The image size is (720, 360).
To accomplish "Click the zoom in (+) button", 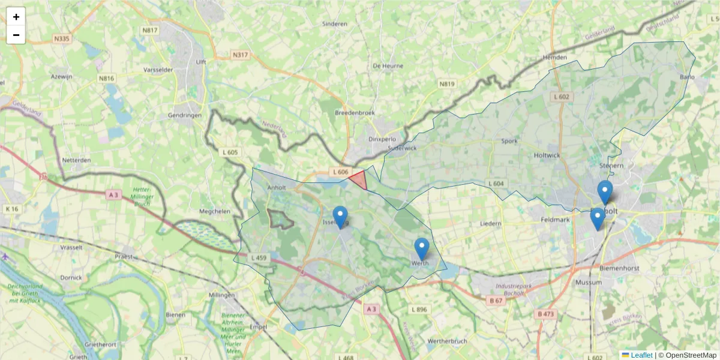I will (16, 17).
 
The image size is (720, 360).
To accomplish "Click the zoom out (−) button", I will (16, 35).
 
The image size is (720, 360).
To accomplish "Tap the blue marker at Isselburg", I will (340, 217).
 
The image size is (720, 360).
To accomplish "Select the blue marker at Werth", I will (422, 248).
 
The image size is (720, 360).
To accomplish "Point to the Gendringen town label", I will (185, 115).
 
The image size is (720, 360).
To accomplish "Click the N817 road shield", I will (149, 30).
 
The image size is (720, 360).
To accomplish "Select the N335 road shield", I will (61, 38).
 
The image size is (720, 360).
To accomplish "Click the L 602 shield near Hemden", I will (562, 97).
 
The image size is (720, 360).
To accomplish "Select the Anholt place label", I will (277, 187).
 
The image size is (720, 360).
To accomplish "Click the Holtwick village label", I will (547, 155).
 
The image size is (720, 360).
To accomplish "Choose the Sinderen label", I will (335, 24).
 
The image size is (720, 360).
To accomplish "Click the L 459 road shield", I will (259, 258).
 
